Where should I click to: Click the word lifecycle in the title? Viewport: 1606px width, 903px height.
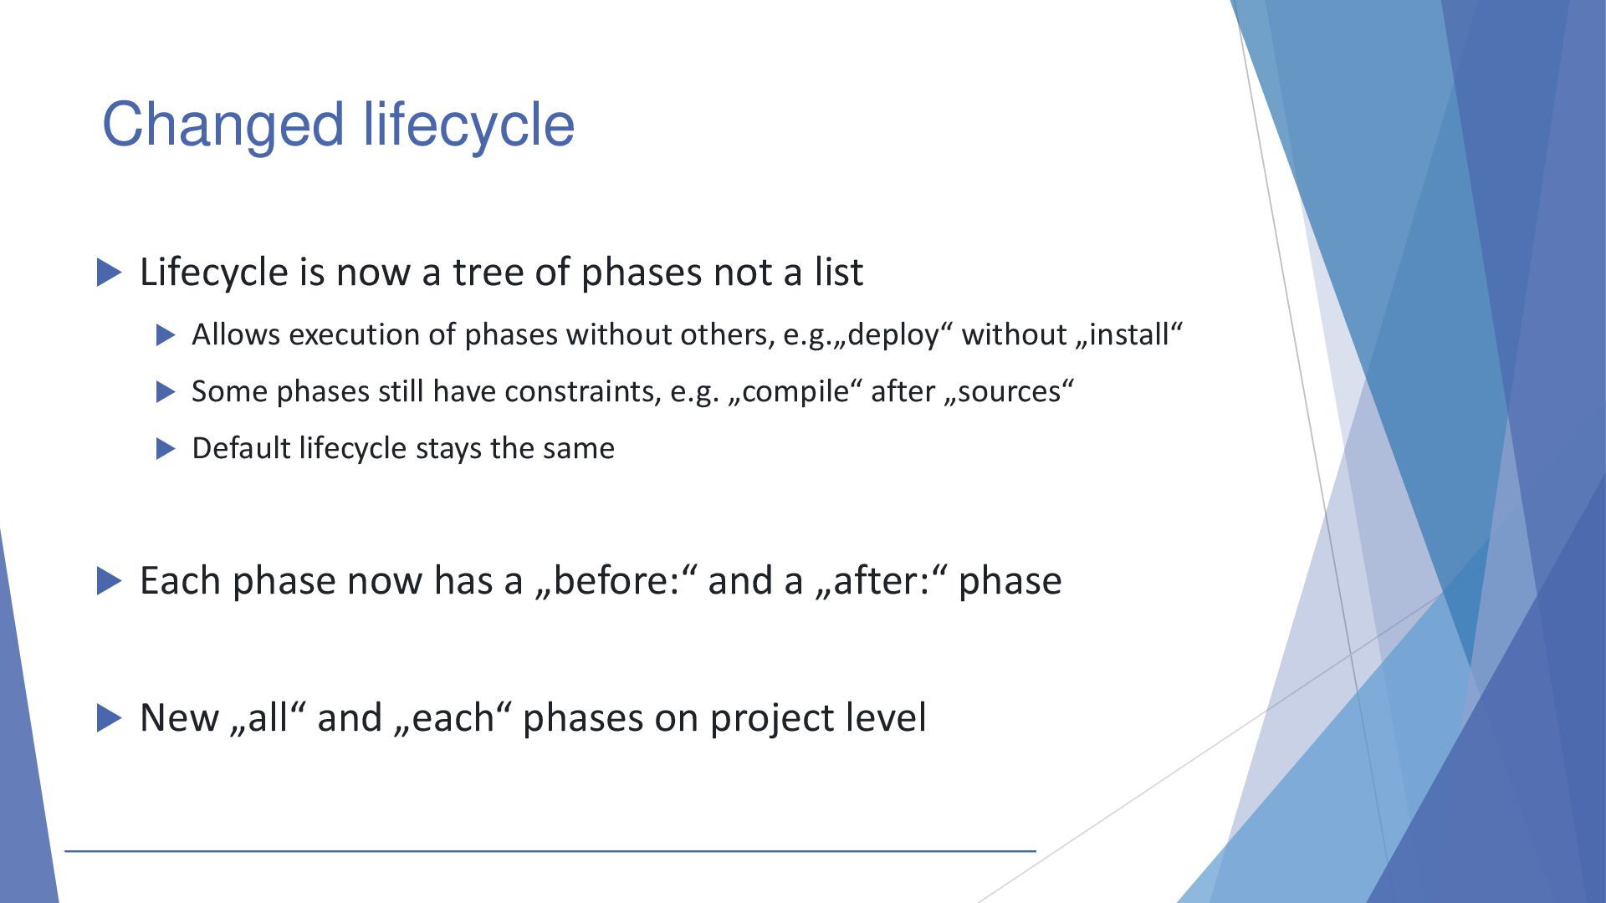(x=469, y=124)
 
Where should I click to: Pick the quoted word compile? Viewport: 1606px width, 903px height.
(x=795, y=392)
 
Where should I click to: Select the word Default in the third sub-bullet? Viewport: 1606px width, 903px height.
(x=242, y=448)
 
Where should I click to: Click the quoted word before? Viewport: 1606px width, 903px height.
(x=616, y=581)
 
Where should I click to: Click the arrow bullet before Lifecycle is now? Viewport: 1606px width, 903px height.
(x=110, y=273)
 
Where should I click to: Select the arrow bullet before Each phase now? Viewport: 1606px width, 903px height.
(x=110, y=581)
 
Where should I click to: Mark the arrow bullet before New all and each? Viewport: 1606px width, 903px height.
(x=110, y=718)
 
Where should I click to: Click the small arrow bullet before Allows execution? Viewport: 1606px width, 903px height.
(x=166, y=335)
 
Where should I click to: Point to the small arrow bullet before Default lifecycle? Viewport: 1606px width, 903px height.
(x=166, y=449)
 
